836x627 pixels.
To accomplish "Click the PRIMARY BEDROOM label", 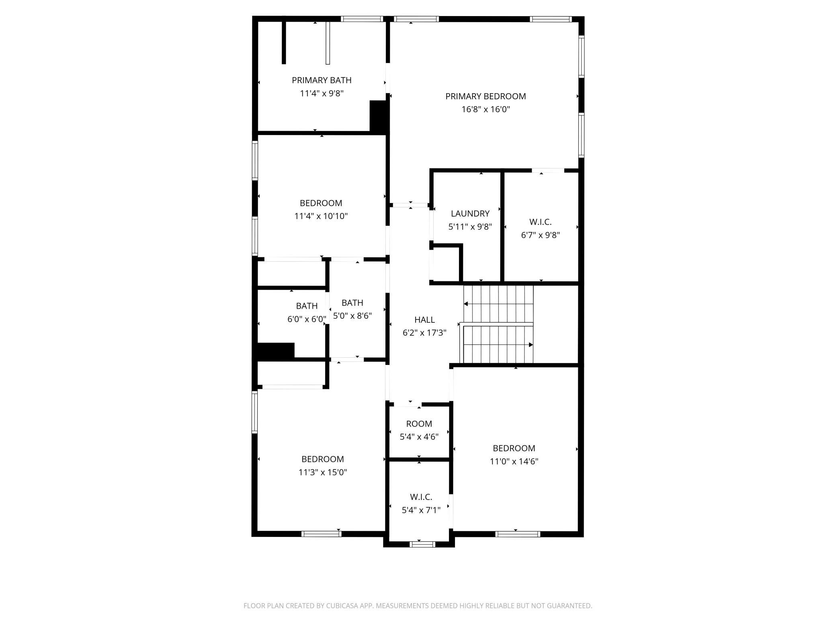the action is point(486,96).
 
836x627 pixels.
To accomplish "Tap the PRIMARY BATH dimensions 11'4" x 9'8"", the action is point(322,94).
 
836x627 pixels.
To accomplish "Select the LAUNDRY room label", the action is point(470,214).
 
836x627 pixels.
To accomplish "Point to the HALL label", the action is point(424,320).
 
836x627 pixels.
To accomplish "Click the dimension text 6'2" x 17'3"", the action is point(424,333).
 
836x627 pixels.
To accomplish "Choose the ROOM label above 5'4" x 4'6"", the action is point(419,424).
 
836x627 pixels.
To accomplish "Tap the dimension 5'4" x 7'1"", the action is point(421,510).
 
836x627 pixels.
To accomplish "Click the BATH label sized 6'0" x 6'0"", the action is point(307,306).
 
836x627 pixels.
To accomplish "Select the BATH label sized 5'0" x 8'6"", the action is point(352,303).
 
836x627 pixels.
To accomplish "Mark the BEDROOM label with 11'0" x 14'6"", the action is point(514,449).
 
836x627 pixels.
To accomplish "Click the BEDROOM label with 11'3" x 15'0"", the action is point(323,459).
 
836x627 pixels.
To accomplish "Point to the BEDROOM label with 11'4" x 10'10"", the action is point(321,203).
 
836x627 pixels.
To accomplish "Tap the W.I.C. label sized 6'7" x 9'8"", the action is point(541,222).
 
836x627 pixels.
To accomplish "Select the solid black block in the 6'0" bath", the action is point(276,351).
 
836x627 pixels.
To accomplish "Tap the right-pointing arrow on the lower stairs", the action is point(498,345).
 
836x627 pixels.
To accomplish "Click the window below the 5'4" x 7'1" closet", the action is point(422,544).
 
